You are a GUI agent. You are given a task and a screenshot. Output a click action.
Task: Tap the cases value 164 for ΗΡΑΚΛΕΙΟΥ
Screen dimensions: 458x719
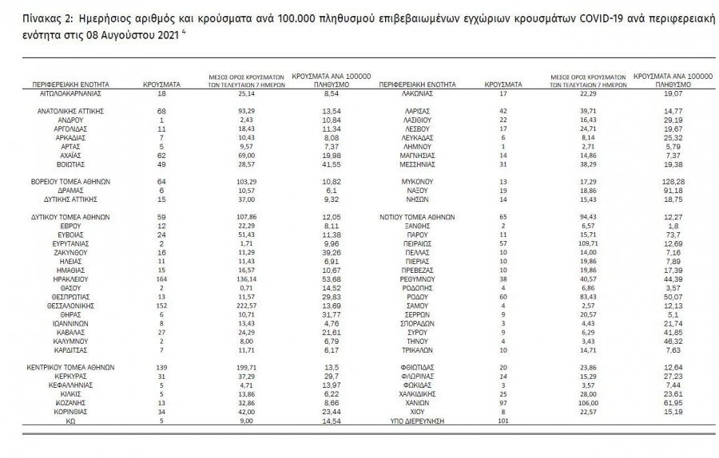coord(161,280)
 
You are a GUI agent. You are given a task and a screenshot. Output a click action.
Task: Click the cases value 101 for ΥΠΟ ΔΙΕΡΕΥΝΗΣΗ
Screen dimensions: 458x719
coord(503,420)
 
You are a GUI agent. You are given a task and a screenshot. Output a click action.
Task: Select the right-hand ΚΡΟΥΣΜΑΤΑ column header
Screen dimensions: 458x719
coord(503,84)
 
